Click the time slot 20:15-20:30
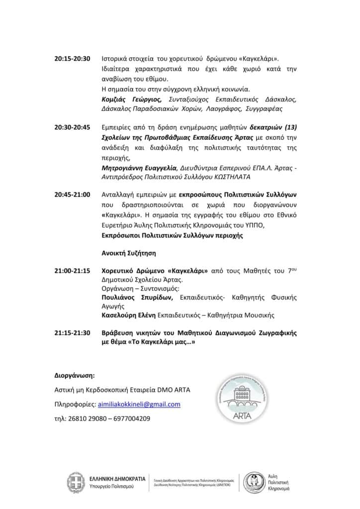[x=72, y=58]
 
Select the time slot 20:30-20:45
[x=72, y=127]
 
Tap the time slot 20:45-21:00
[x=72, y=194]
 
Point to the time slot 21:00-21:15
[x=72, y=271]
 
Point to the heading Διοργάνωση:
[x=74, y=374]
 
